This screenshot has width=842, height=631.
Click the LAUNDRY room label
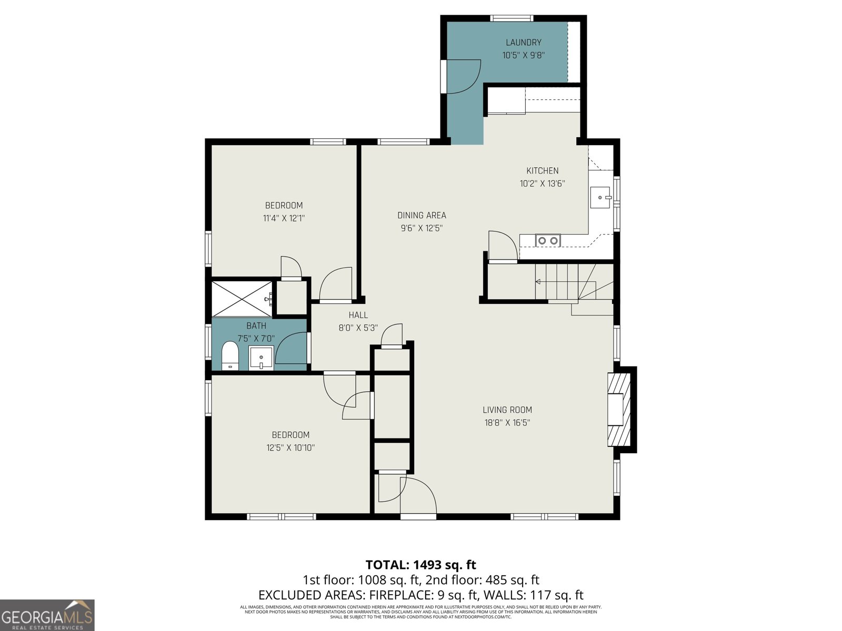point(523,43)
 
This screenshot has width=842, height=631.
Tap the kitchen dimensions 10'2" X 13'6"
point(542,184)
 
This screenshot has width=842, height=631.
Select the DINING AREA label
point(422,215)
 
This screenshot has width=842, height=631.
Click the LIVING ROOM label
point(507,410)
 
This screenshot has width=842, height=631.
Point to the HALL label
point(358,315)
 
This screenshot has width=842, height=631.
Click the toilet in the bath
point(230,355)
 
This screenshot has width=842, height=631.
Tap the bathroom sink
point(261,358)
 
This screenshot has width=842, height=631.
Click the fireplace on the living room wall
point(619,410)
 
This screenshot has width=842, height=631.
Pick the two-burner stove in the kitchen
point(547,240)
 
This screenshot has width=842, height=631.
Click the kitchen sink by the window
point(600,198)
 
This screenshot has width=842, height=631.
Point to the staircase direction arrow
point(538,282)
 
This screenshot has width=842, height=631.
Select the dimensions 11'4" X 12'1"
point(284,218)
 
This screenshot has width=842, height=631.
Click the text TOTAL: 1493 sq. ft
point(421,565)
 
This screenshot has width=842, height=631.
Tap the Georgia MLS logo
point(47,615)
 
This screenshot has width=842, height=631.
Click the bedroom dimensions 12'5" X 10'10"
point(290,448)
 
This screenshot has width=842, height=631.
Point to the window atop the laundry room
point(512,18)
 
